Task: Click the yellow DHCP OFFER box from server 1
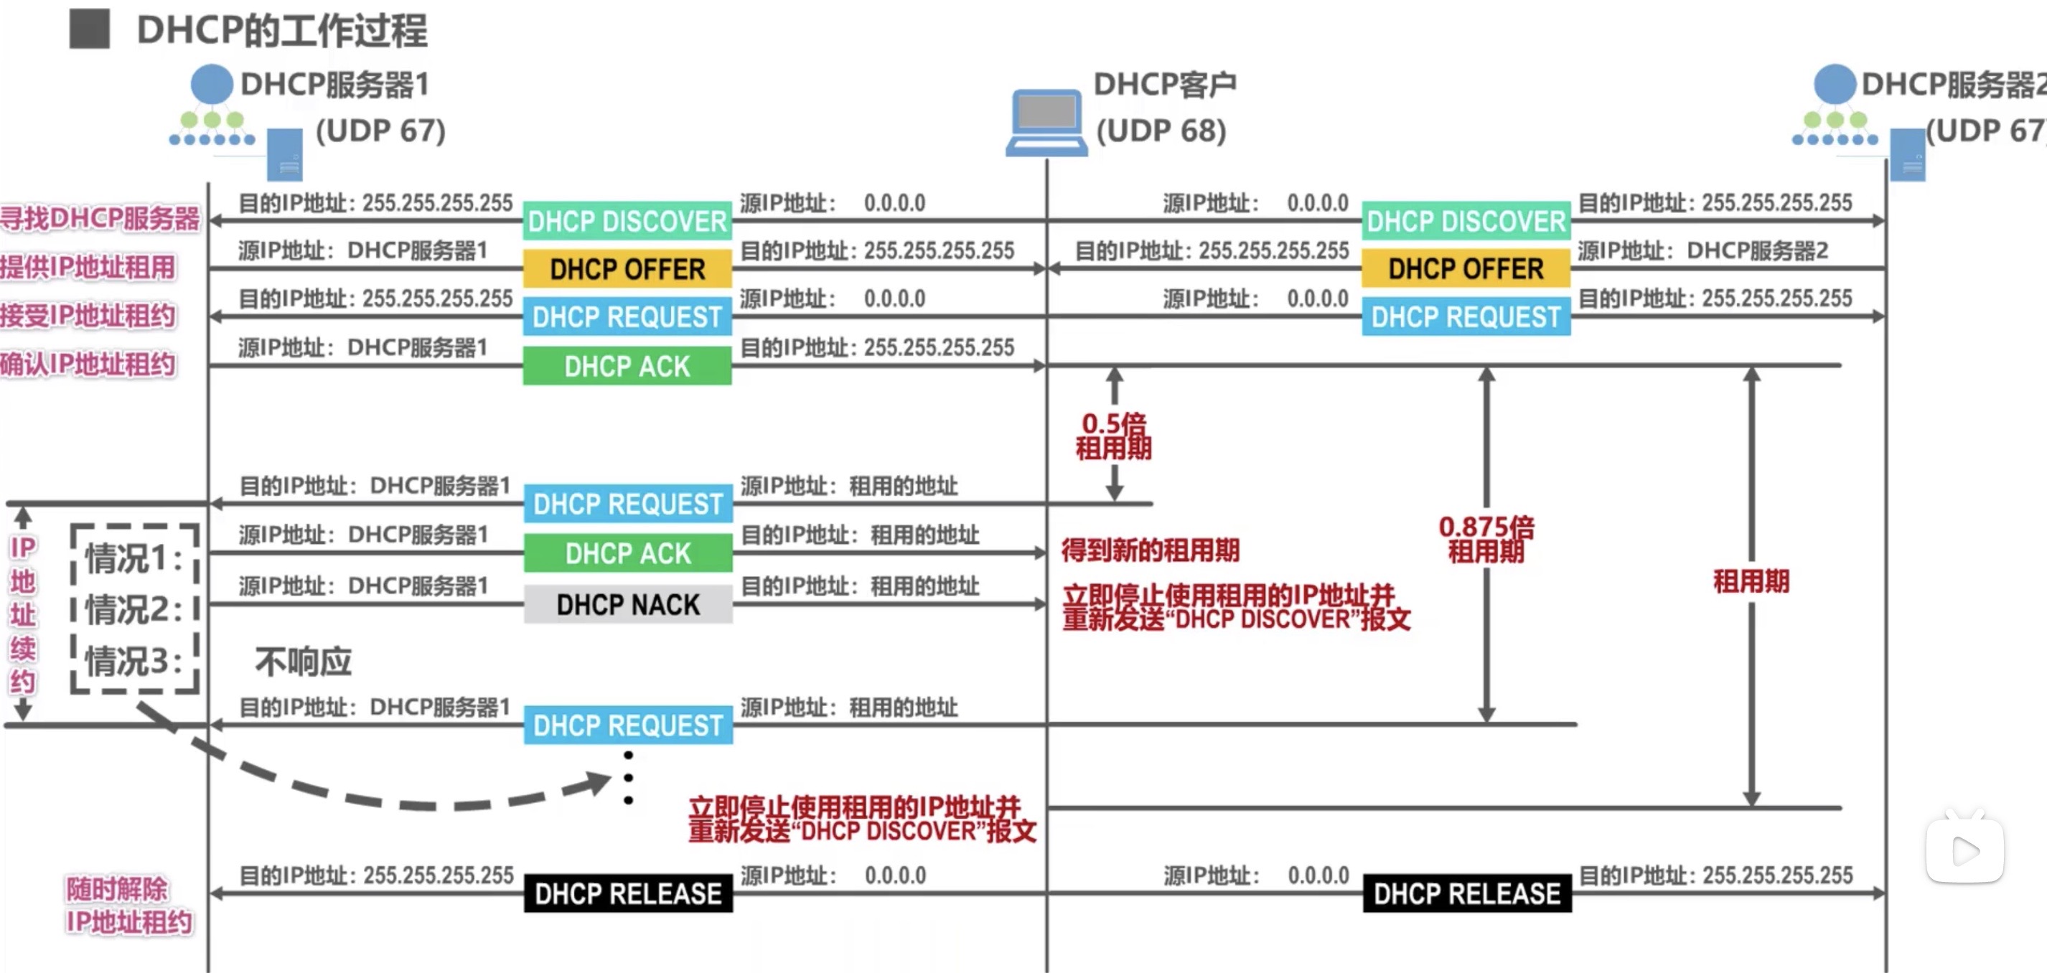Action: click(627, 269)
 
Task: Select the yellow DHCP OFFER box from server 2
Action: click(1466, 269)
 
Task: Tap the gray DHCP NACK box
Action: click(628, 604)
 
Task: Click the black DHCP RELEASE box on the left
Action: click(628, 893)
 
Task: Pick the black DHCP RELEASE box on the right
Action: click(1467, 893)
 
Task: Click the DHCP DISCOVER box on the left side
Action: click(627, 221)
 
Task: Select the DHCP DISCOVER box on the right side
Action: click(1466, 221)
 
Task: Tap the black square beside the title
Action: click(89, 29)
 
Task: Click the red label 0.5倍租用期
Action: click(1113, 436)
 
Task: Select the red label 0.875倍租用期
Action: click(1486, 539)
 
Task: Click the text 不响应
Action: click(303, 661)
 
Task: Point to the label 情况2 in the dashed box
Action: click(133, 610)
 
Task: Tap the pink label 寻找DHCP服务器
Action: click(100, 218)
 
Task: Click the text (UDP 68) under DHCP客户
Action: click(1161, 131)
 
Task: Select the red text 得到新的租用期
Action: click(1150, 550)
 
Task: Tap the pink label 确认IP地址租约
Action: click(88, 365)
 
